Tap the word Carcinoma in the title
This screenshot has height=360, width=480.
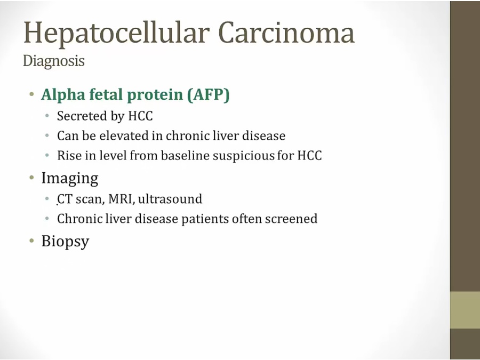pyautogui.click(x=286, y=32)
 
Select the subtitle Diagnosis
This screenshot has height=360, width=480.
pyautogui.click(x=53, y=61)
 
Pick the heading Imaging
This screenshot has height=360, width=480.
pyautogui.click(x=70, y=178)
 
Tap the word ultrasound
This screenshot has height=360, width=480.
pyautogui.click(x=170, y=199)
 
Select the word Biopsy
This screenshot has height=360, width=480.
pyautogui.click(x=65, y=242)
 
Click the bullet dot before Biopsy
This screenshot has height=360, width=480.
pyautogui.click(x=31, y=241)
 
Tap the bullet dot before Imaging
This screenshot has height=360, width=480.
pyautogui.click(x=31, y=177)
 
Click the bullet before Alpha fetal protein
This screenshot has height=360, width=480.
pyautogui.click(x=31, y=94)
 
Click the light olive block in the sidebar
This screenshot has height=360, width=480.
pyautogui.click(x=465, y=310)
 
